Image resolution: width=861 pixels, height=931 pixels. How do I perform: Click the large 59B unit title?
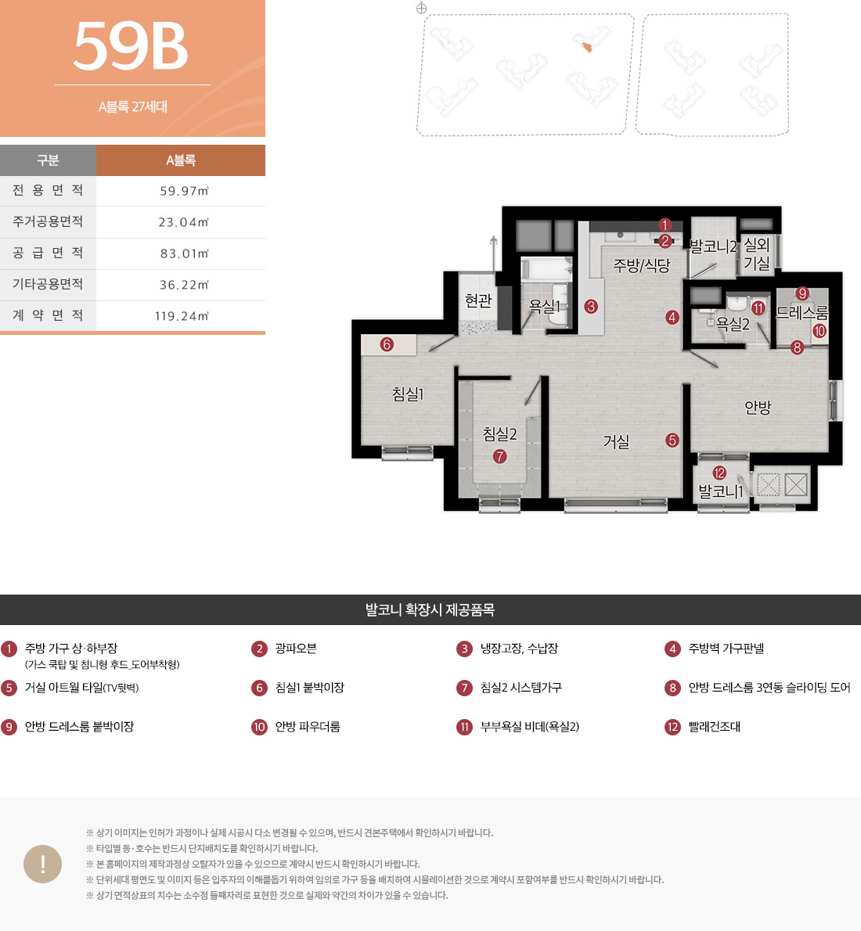tap(131, 45)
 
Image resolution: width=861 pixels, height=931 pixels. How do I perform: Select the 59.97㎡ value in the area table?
tap(184, 191)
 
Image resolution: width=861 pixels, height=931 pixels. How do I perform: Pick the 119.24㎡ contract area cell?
tap(182, 316)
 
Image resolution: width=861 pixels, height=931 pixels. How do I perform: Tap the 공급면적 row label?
tap(48, 253)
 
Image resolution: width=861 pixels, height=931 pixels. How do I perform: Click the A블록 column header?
tap(181, 160)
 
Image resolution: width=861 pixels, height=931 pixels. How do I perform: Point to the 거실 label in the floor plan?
tap(616, 441)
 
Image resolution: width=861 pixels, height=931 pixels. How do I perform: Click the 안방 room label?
tap(758, 408)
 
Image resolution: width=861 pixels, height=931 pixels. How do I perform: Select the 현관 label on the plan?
tap(478, 301)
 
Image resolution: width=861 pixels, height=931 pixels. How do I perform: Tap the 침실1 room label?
tap(408, 394)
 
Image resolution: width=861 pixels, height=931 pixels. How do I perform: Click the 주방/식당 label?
tap(642, 265)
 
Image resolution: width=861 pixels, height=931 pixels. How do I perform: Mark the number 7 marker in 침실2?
tap(499, 456)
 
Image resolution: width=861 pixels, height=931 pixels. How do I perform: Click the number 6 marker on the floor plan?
tap(387, 344)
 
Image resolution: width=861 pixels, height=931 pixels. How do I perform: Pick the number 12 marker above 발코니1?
tap(719, 473)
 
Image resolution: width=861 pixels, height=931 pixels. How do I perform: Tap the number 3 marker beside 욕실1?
tap(591, 307)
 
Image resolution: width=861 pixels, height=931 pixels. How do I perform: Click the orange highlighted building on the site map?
tap(586, 47)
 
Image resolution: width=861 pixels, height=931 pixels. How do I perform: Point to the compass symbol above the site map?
tap(421, 8)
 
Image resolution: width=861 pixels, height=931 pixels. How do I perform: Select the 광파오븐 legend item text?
tap(296, 649)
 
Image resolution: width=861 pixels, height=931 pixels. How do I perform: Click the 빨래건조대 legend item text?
tap(714, 727)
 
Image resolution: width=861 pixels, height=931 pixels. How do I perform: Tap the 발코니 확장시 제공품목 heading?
tap(430, 609)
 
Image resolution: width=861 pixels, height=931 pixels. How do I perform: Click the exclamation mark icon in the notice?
tap(43, 864)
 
